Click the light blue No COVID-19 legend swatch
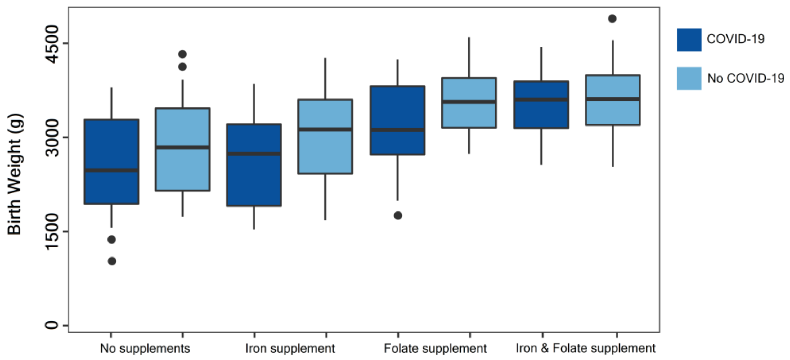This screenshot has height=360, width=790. tap(689, 79)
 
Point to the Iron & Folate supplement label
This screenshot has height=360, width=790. tap(585, 348)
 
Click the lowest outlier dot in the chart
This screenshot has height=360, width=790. tap(112, 261)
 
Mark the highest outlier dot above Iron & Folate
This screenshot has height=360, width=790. tap(612, 19)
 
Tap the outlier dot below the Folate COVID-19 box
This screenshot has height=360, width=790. tap(398, 215)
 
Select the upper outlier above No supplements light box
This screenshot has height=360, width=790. tap(182, 54)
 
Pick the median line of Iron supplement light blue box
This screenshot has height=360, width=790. tap(325, 129)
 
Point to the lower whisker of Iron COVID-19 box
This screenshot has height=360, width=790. tap(254, 218)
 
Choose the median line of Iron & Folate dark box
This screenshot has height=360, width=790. tap(541, 99)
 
